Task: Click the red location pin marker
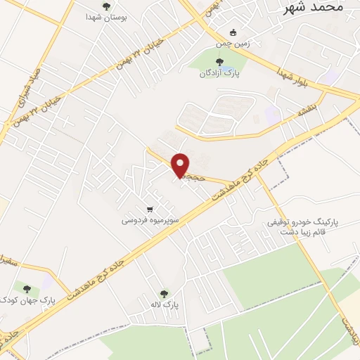(x=181, y=165)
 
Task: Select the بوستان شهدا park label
(x=106, y=16)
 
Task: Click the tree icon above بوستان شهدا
(x=106, y=6)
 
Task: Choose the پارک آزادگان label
(x=218, y=72)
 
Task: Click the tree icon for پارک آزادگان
(x=218, y=62)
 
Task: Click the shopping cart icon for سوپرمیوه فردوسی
(x=150, y=210)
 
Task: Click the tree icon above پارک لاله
(x=164, y=295)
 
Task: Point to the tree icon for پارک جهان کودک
(x=27, y=289)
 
